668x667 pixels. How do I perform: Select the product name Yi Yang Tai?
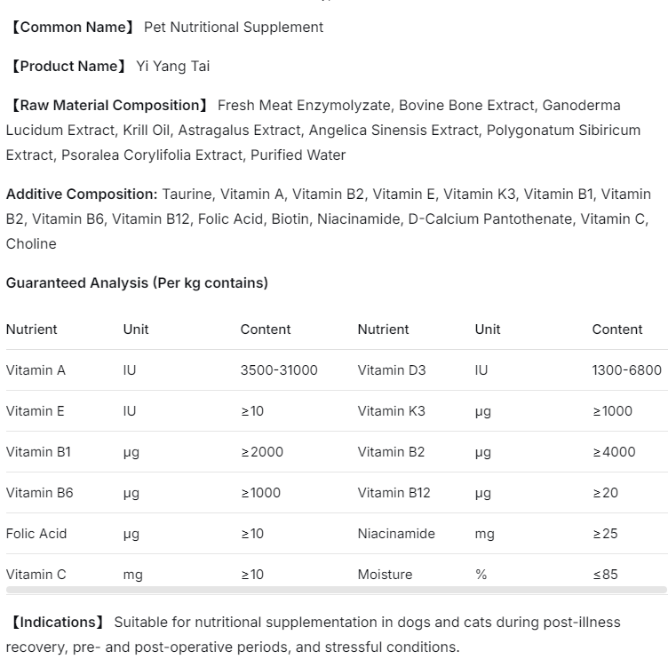[173, 67]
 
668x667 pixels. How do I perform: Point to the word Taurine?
[188, 195]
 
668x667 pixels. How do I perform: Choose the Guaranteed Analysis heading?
[137, 283]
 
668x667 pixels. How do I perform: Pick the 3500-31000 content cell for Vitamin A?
[279, 370]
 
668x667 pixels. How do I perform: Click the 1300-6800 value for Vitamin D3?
[626, 370]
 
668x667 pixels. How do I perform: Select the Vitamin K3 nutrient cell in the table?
[391, 411]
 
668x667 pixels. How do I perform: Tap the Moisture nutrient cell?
[385, 575]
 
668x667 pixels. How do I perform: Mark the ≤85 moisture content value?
[605, 575]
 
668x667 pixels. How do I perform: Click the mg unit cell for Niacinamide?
[484, 534]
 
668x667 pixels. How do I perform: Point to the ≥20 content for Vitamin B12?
[605, 493]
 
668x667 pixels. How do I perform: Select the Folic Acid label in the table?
[36, 534]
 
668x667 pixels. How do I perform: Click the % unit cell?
[481, 575]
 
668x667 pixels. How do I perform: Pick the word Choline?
[31, 244]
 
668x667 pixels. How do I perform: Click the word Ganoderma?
[581, 106]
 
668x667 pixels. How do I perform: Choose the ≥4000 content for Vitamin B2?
[614, 452]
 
